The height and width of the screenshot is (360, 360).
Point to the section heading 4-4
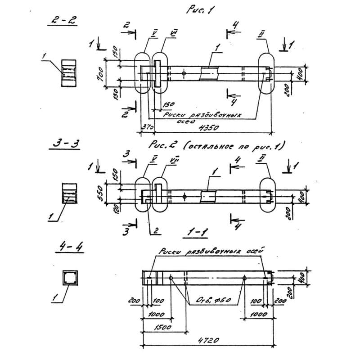click(65, 247)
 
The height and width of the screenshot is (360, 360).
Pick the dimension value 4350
click(208, 128)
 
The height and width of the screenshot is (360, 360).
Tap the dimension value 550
click(100, 193)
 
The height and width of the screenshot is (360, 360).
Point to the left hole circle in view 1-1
click(171, 278)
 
